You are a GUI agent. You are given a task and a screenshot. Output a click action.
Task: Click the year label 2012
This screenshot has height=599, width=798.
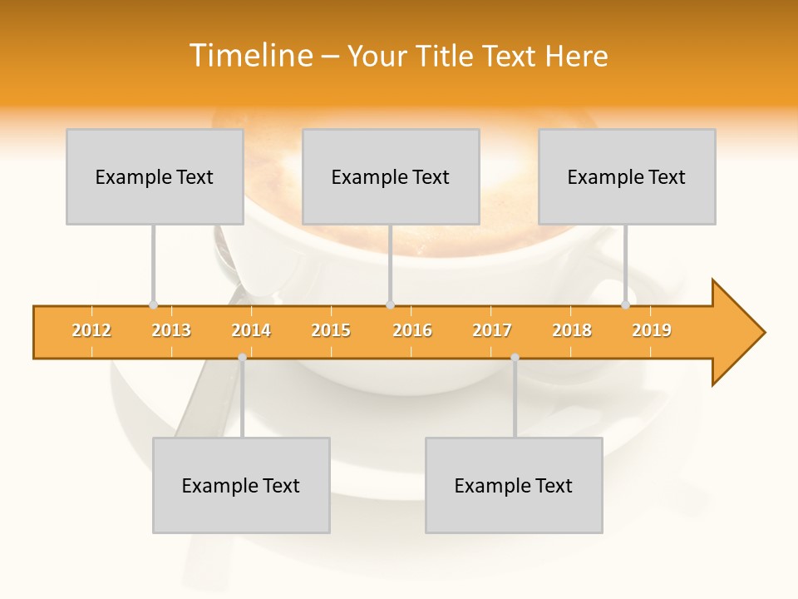(x=91, y=330)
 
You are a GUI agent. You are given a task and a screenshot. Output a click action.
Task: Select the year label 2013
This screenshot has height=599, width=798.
(x=171, y=330)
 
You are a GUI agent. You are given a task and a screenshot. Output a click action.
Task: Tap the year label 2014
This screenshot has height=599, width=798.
(x=251, y=330)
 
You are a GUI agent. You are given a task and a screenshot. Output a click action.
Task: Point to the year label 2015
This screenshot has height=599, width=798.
(x=331, y=330)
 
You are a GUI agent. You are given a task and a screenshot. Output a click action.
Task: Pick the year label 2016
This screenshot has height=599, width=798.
(x=412, y=330)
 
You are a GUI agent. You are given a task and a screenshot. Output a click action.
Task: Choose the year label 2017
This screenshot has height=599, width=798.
(x=492, y=330)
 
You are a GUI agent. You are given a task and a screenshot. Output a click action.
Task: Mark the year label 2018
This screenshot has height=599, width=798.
(x=572, y=330)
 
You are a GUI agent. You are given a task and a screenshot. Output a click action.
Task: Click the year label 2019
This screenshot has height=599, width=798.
(x=652, y=330)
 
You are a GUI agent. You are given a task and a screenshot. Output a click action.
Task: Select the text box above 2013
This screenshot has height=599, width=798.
(x=155, y=176)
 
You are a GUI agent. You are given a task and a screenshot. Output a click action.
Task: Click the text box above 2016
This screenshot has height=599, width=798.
(x=391, y=176)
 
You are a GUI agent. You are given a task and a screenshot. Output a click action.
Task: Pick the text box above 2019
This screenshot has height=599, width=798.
(x=627, y=176)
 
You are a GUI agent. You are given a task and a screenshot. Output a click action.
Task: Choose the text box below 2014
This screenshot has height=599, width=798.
(x=241, y=485)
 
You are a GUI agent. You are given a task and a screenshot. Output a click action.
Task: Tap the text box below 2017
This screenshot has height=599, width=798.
(x=514, y=485)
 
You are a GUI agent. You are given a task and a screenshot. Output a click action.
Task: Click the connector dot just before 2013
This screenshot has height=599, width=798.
(x=153, y=304)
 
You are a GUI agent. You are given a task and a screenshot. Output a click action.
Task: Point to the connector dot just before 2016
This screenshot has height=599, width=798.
(x=390, y=304)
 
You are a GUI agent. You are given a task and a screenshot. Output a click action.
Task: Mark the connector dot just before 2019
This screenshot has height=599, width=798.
(x=626, y=304)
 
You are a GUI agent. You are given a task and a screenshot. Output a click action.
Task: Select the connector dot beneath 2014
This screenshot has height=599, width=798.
(x=242, y=357)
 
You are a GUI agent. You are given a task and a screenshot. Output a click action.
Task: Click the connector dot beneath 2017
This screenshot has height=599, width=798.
(x=515, y=357)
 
